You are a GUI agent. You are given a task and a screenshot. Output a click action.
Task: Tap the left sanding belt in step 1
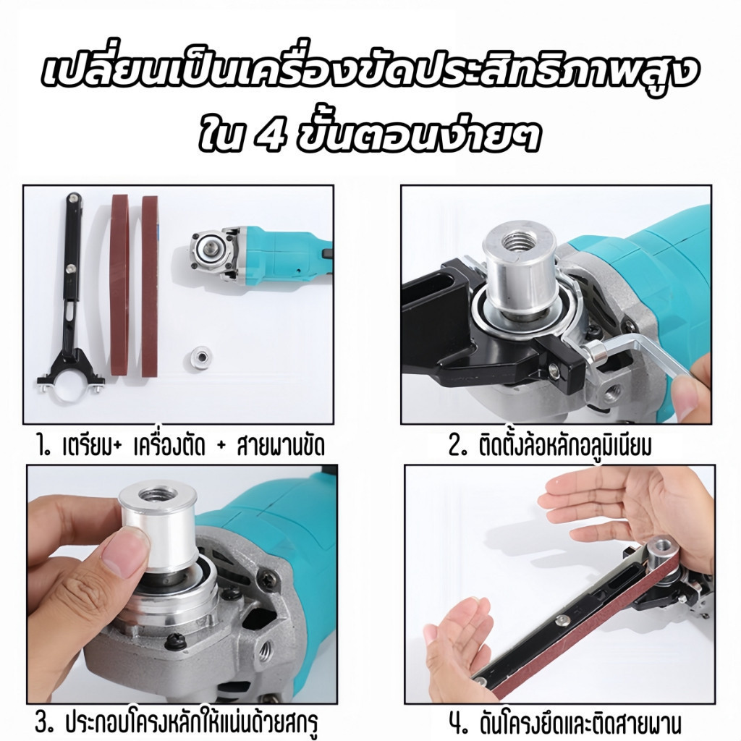point(119,288)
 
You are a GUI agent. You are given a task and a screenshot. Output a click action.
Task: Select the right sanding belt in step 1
point(150,288)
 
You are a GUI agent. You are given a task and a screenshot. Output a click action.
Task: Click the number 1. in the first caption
point(46,445)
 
